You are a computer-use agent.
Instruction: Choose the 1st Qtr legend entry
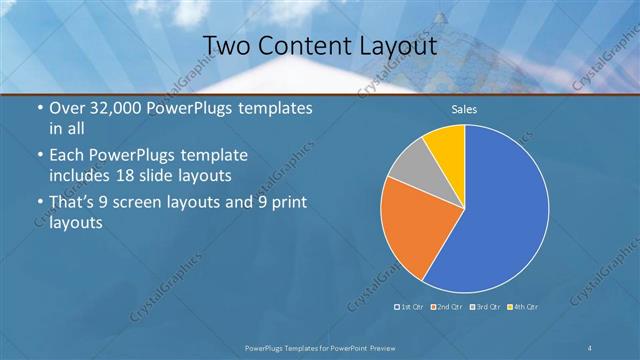click(411, 306)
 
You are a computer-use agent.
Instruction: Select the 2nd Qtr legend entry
click(449, 306)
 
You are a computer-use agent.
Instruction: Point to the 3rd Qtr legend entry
click(487, 306)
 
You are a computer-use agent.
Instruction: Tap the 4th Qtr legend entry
click(524, 306)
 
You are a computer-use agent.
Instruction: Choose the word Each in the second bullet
click(67, 157)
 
